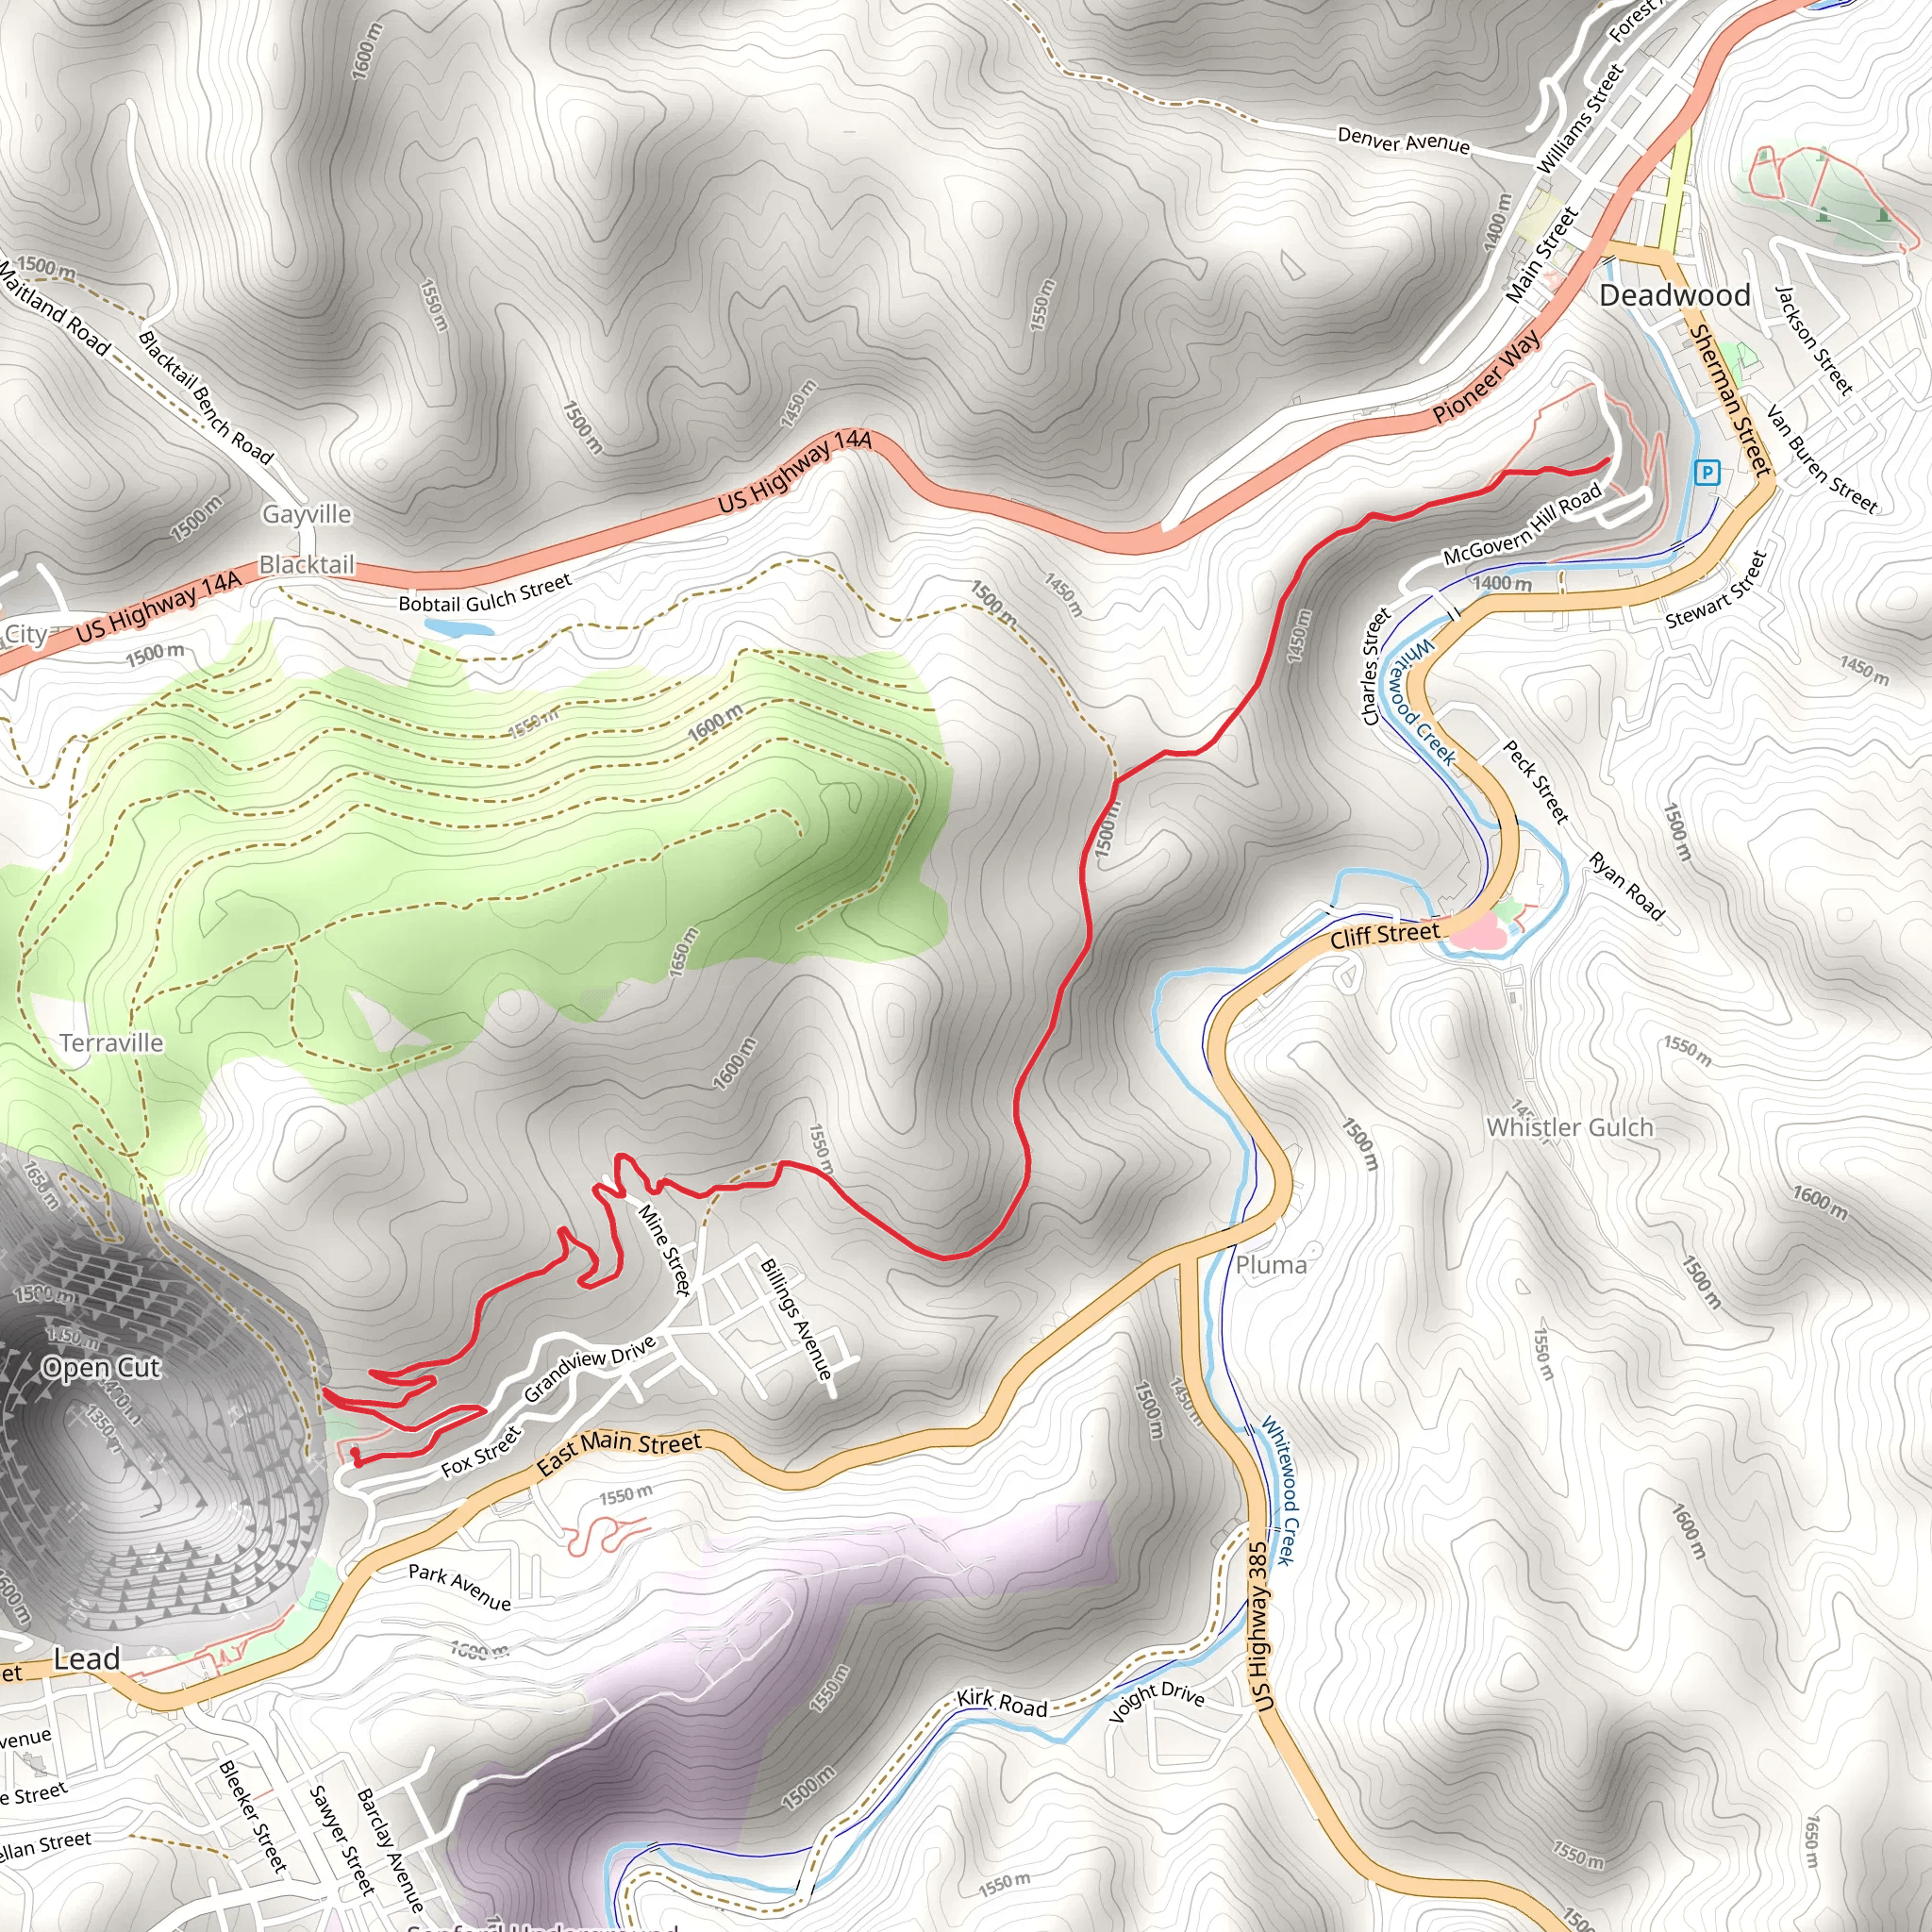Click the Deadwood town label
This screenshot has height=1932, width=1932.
1674,295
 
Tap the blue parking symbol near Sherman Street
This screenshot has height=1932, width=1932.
1707,472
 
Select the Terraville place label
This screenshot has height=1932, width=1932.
111,1043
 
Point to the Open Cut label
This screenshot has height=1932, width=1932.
101,1367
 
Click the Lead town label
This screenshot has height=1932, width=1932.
87,1659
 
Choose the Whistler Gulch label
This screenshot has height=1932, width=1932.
1569,1127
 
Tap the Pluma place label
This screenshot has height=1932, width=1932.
1271,1265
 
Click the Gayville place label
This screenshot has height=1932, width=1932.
307,514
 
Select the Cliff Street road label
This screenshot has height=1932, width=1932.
1384,935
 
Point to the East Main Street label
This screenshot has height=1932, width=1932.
619,1452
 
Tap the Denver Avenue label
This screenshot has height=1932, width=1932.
1403,141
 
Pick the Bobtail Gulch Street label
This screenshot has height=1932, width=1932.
485,593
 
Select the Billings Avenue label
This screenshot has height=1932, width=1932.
796,1319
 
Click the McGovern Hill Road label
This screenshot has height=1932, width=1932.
1522,525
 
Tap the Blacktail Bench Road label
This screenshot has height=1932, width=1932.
205,397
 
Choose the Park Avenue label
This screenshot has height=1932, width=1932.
459,1587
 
